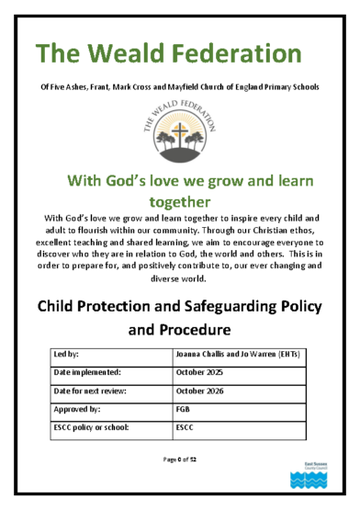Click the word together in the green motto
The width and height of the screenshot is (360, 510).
point(180,199)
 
